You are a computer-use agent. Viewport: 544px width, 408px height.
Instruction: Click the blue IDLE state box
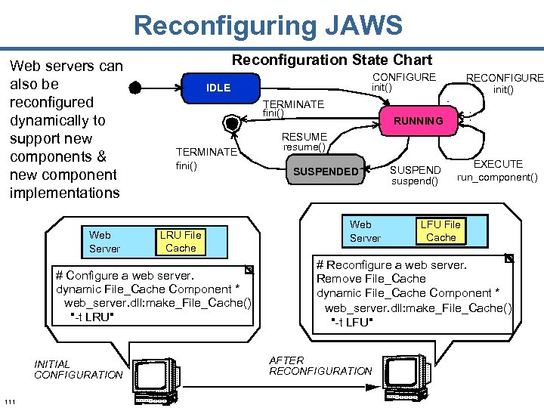218,88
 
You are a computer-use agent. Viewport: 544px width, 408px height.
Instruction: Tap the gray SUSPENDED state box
326,172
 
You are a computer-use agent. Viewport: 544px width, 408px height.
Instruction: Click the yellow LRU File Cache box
181,242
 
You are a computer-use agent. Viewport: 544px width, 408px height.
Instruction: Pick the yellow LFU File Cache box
440,230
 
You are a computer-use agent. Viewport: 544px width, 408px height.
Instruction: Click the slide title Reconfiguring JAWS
268,26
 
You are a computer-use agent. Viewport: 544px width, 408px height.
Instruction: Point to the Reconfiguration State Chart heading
332,60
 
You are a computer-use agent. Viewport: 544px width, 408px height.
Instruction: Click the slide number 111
11,400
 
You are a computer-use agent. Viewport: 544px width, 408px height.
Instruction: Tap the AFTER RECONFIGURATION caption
320,366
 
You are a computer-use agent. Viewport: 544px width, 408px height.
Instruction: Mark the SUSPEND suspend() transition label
415,175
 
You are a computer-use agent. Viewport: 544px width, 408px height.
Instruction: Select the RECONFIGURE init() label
504,83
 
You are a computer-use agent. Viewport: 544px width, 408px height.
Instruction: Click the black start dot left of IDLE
134,88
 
